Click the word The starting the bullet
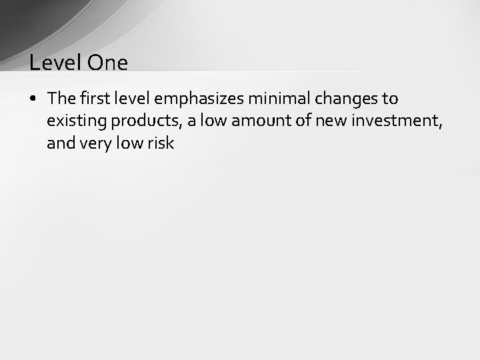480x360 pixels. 62,99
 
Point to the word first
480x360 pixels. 96,99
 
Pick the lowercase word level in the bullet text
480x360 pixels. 133,99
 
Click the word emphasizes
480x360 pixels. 199,99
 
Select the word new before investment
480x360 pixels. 330,121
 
